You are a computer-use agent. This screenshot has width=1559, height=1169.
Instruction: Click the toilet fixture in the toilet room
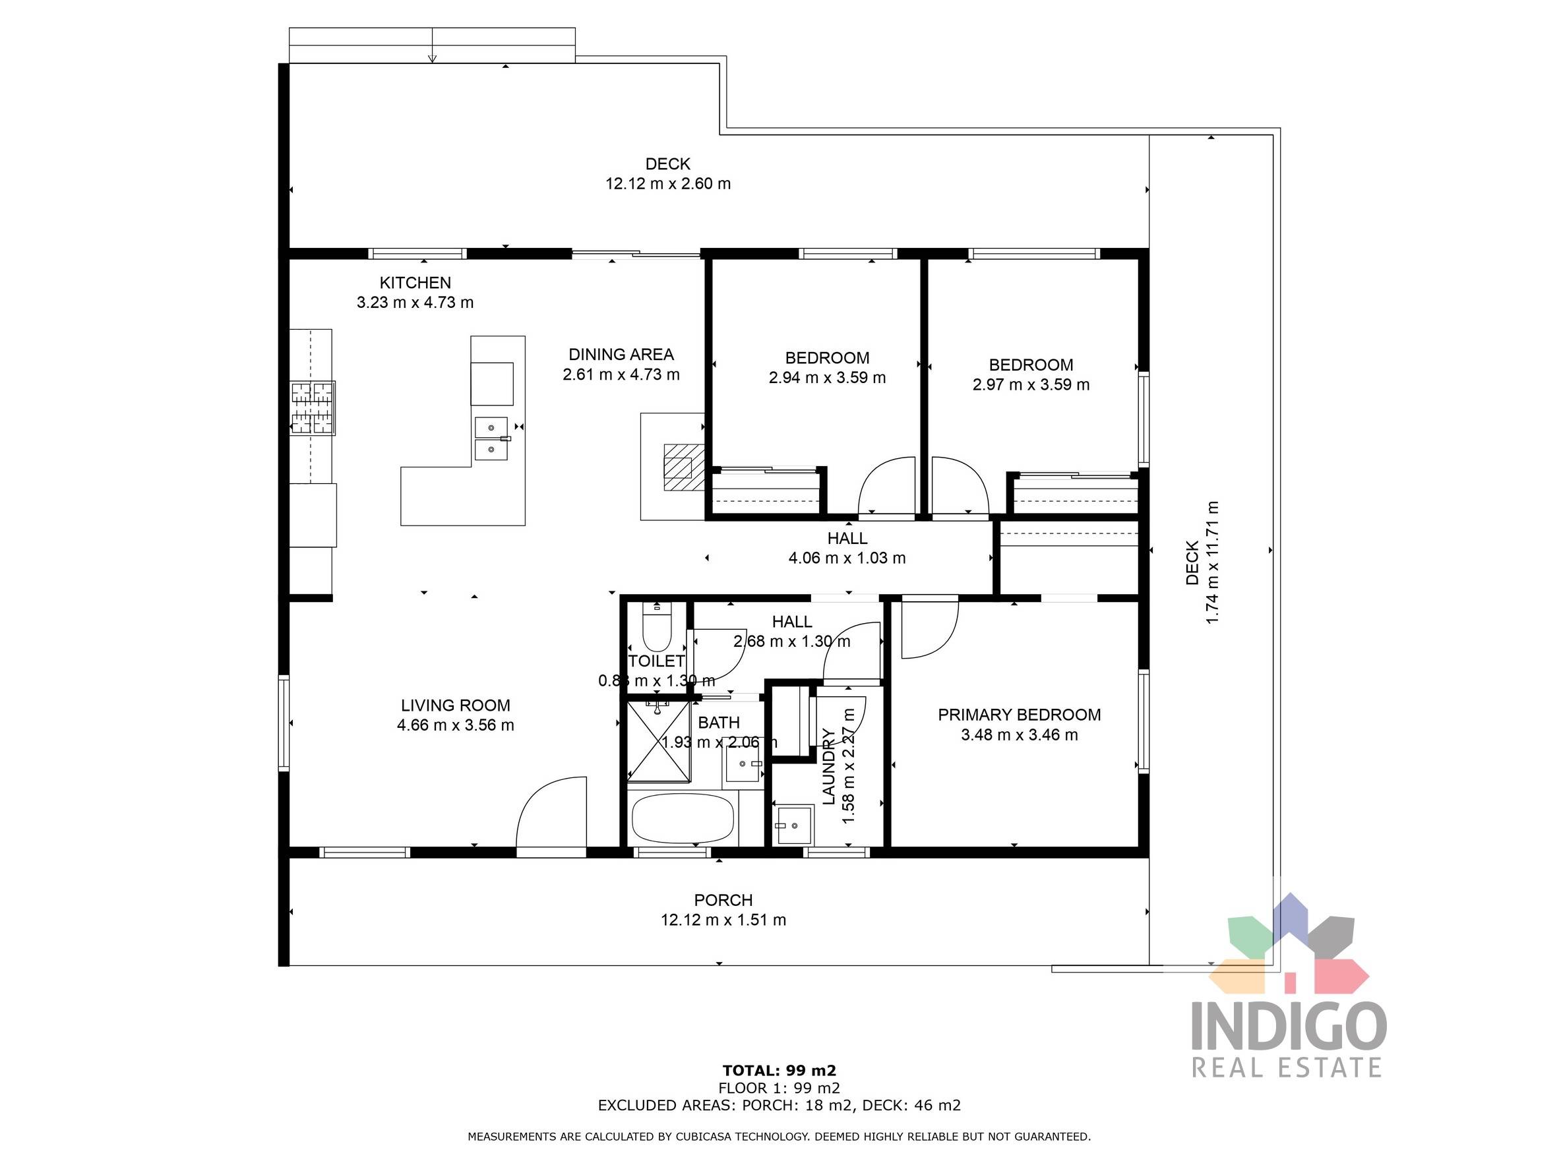point(657,629)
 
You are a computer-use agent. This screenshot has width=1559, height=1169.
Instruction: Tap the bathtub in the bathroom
point(683,818)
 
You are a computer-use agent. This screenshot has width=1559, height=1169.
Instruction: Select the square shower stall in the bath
point(658,741)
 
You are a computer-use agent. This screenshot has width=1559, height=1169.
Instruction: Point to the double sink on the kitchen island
point(491,438)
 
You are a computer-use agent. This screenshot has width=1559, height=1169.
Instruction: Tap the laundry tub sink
point(793,824)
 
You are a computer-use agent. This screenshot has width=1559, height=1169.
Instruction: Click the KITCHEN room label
point(415,283)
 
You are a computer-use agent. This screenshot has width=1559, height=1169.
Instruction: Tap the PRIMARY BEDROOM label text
point(1018,715)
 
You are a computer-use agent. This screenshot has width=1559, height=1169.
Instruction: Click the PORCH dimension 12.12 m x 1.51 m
point(723,920)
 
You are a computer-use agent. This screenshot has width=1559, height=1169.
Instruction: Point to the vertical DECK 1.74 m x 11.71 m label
point(1202,562)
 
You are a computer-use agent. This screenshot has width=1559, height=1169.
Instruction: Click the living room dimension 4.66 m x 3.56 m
point(455,725)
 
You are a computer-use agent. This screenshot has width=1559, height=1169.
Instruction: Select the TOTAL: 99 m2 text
point(779,1070)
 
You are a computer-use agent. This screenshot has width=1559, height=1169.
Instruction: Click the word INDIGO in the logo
point(1289,1027)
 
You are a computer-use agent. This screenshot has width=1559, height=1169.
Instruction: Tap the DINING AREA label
point(621,355)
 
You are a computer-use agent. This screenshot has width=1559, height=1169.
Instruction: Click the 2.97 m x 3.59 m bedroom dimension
point(1030,385)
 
